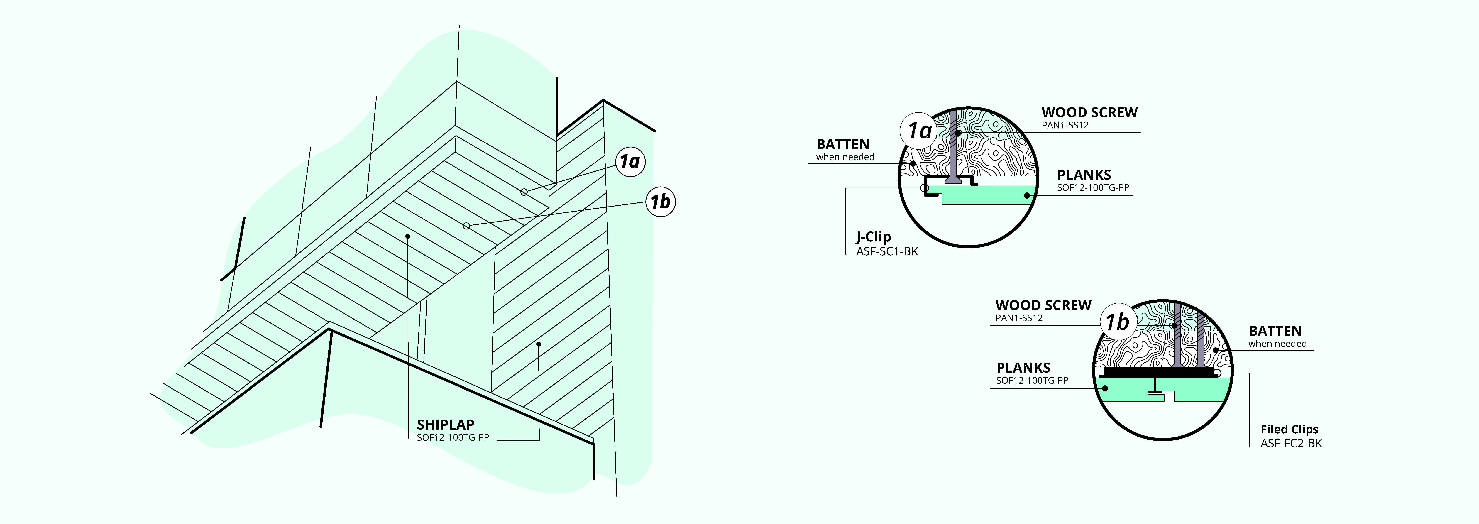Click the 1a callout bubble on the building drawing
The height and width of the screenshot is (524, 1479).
630,162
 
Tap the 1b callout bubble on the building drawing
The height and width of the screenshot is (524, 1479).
660,202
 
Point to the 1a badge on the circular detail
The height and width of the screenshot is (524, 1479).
919,131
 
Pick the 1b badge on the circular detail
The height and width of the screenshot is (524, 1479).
1117,322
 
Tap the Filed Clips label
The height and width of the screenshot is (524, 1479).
1289,429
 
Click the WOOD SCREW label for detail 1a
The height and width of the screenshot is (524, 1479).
1089,112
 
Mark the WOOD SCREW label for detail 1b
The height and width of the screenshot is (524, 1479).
1043,305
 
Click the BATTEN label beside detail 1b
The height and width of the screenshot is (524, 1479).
1275,331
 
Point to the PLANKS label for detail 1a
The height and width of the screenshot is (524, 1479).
1084,175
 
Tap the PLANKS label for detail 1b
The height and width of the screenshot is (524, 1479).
1023,368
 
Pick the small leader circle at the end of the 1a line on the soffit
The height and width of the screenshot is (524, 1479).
524,192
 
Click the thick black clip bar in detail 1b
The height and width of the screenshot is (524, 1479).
1160,372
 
